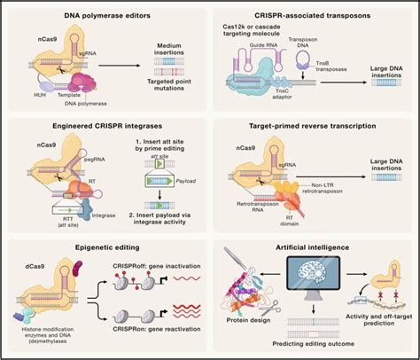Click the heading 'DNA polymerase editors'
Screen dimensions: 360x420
click(x=105, y=16)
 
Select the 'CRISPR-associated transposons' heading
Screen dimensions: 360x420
click(x=313, y=16)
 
